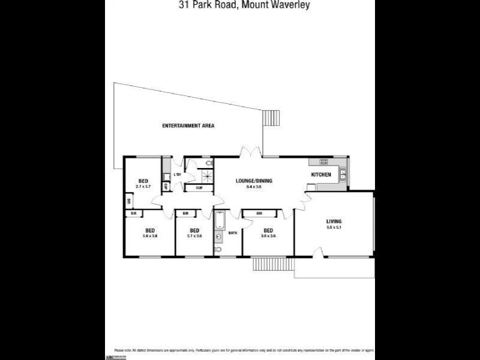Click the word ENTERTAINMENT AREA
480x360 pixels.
click(x=188, y=126)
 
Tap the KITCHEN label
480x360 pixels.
click(x=320, y=175)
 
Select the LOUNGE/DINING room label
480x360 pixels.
click(x=254, y=180)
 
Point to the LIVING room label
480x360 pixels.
click(x=334, y=221)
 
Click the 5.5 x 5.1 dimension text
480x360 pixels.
click(x=334, y=228)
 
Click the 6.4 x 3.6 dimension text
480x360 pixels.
click(x=254, y=187)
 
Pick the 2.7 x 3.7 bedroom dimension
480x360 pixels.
click(x=143, y=187)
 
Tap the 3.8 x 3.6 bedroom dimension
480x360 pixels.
click(x=268, y=236)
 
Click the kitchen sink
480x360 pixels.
click(x=343, y=175)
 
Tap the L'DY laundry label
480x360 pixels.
click(x=177, y=175)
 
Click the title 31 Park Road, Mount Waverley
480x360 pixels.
click(x=240, y=7)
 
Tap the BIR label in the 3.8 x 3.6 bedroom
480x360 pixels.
click(x=259, y=213)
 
